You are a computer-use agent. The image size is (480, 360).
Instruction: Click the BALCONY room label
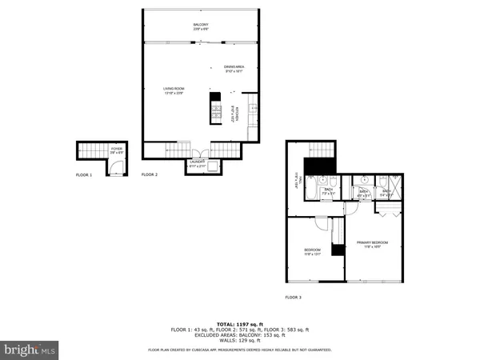(200, 26)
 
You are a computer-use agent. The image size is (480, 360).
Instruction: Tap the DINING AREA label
(234, 69)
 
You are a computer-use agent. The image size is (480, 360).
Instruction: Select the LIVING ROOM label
(174, 91)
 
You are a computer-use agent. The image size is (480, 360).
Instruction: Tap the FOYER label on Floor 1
(116, 150)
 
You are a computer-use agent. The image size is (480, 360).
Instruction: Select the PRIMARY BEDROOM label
(376, 245)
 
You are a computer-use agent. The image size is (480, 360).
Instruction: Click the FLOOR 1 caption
(84, 174)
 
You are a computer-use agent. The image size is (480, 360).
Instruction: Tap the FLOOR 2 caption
(150, 174)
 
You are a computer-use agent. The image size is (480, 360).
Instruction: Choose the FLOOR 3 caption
(294, 297)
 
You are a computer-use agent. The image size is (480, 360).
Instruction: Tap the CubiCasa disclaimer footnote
(239, 350)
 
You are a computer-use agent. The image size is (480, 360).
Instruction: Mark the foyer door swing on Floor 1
(117, 166)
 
